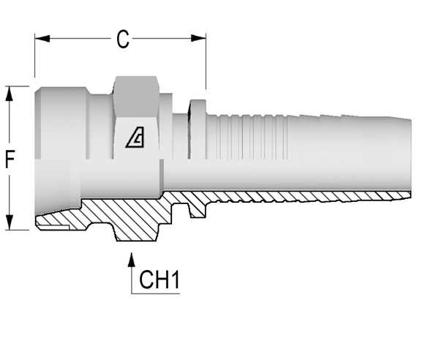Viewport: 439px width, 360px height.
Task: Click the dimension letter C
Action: pos(123,39)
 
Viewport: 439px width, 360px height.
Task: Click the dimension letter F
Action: pos(10,159)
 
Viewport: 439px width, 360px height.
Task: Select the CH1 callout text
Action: pos(159,280)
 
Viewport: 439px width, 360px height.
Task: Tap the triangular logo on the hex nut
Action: pos(135,137)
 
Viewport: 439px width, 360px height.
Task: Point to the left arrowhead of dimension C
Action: pos(42,38)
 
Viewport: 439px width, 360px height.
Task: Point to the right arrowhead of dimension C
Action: pos(198,38)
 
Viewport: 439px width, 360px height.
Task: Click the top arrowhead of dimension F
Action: pos(10,94)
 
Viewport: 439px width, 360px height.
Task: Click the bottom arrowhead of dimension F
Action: pos(10,222)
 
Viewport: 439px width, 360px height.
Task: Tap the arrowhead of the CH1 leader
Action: pos(131,260)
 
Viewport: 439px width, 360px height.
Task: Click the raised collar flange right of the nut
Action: pos(198,129)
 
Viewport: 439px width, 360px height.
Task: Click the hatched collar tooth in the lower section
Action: pos(198,209)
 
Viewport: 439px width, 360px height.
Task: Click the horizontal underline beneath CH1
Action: pos(155,293)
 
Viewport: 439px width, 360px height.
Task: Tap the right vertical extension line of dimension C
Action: pos(206,61)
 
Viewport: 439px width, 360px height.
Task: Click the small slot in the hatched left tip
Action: pos(54,226)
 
